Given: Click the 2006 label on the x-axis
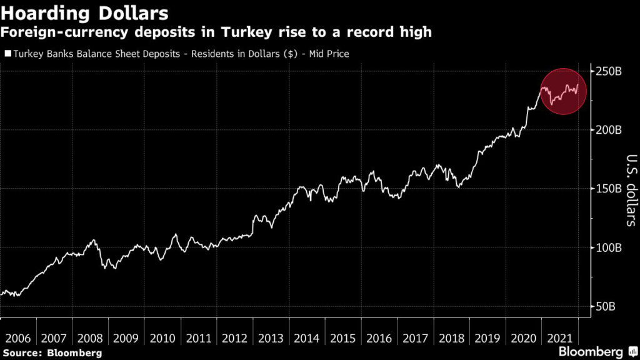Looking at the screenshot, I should click(x=17, y=338).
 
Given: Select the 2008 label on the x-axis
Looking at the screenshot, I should click(x=90, y=338).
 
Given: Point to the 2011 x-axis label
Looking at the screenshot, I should click(x=199, y=338).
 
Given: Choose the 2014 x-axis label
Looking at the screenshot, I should click(x=307, y=338).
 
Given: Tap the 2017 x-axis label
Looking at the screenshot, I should click(x=416, y=338).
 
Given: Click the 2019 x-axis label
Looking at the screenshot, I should click(x=488, y=338).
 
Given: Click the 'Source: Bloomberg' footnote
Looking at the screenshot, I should click(x=51, y=353).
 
